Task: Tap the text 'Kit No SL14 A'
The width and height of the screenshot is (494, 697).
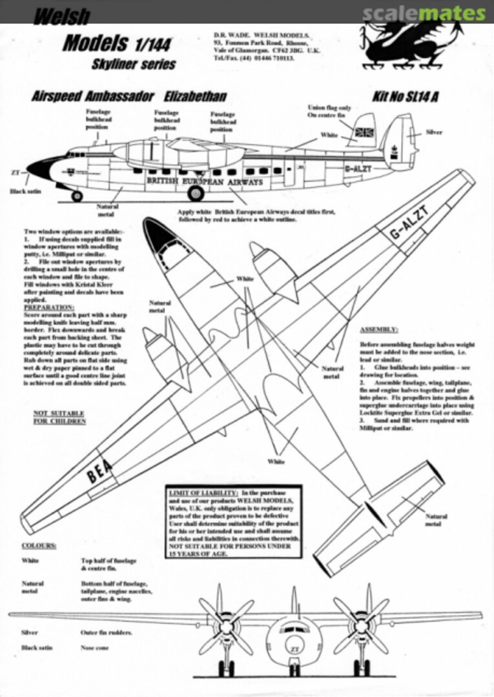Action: click(405, 97)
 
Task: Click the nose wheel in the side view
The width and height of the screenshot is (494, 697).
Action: click(77, 196)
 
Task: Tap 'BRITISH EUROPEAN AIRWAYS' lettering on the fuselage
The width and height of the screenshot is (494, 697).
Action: click(205, 183)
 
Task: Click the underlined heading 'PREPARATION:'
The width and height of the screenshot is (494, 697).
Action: click(48, 308)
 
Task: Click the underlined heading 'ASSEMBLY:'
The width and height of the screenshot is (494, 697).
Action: click(378, 330)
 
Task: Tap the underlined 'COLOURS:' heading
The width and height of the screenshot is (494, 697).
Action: click(39, 545)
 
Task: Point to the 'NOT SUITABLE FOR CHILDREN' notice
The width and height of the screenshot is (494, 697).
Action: click(59, 416)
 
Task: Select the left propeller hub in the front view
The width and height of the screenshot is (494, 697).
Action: click(226, 626)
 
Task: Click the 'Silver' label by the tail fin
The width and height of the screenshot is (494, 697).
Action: click(434, 132)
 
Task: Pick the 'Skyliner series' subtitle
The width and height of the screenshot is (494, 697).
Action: click(134, 65)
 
